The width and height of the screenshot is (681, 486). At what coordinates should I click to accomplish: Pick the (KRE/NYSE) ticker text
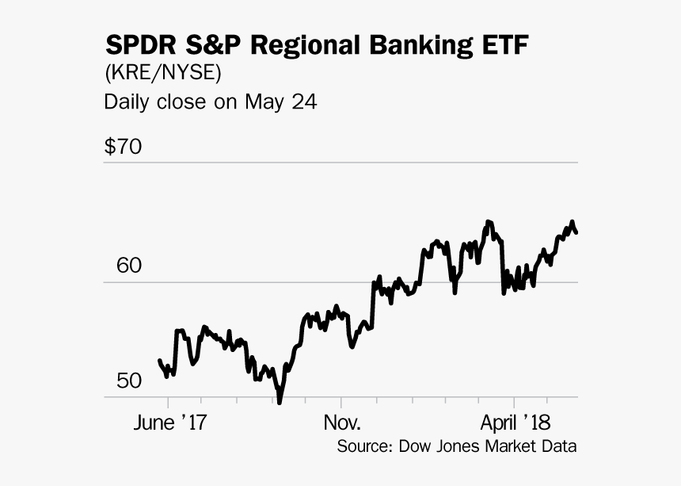[162, 74]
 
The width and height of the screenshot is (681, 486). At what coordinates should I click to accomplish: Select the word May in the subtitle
[264, 102]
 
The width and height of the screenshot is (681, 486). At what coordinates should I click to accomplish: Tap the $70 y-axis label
[123, 147]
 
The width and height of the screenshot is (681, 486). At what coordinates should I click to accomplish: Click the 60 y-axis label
[128, 266]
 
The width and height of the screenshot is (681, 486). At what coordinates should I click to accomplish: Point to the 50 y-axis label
[128, 381]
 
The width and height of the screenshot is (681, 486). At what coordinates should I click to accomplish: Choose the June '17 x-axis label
[170, 421]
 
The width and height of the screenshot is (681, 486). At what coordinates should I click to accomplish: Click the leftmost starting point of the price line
[160, 361]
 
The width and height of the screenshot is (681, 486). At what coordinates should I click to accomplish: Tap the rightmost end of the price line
[576, 232]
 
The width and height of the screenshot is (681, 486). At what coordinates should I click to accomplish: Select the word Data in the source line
[561, 446]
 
